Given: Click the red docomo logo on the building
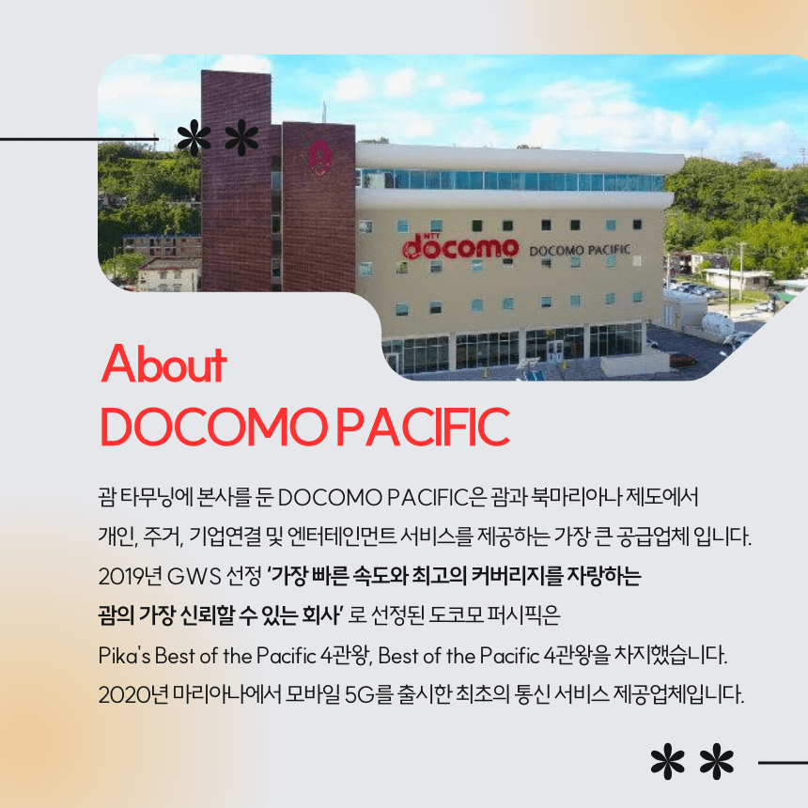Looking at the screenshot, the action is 460,247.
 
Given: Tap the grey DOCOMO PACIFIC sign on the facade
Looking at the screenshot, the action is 580,251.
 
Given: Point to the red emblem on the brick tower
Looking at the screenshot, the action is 319,157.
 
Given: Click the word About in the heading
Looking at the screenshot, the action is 163,364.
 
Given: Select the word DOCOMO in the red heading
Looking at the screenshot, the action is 213,427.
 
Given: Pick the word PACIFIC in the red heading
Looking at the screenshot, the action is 423,427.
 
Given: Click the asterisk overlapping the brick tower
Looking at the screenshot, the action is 241,137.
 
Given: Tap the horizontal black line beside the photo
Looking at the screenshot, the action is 79,139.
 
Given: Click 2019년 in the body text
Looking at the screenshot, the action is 130,576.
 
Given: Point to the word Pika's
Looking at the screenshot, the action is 124,656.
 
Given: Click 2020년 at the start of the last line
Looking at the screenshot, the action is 133,694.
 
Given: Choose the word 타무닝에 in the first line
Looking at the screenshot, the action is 156,497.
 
